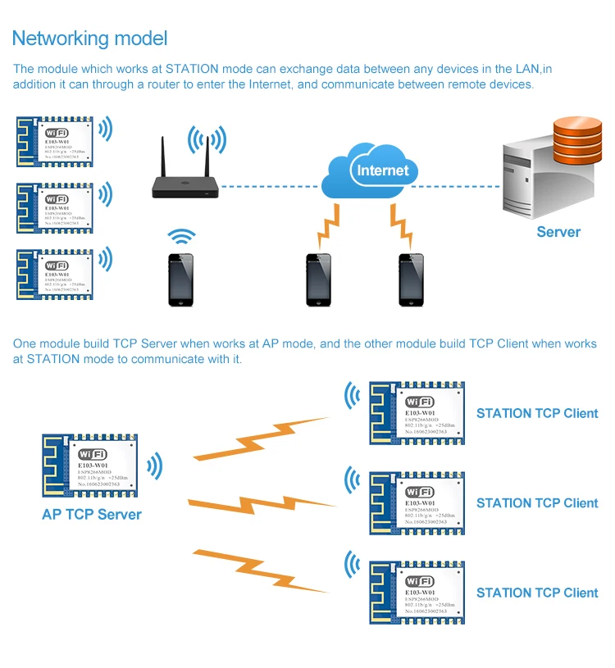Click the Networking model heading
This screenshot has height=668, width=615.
tap(89, 38)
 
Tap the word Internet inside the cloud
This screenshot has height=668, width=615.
tap(382, 170)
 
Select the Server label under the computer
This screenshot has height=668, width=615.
tap(558, 232)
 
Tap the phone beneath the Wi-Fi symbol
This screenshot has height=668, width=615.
tap(181, 279)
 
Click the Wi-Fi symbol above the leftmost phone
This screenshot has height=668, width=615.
tap(181, 237)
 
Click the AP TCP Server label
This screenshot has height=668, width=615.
tap(92, 515)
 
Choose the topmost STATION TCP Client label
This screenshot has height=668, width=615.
tap(537, 413)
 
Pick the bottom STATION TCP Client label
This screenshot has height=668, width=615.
tap(537, 593)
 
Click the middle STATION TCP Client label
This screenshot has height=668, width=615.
tap(537, 503)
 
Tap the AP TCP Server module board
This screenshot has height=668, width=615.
tap(91, 466)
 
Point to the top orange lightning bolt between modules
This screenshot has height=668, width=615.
tap(261, 439)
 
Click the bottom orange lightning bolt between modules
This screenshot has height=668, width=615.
tap(261, 570)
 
